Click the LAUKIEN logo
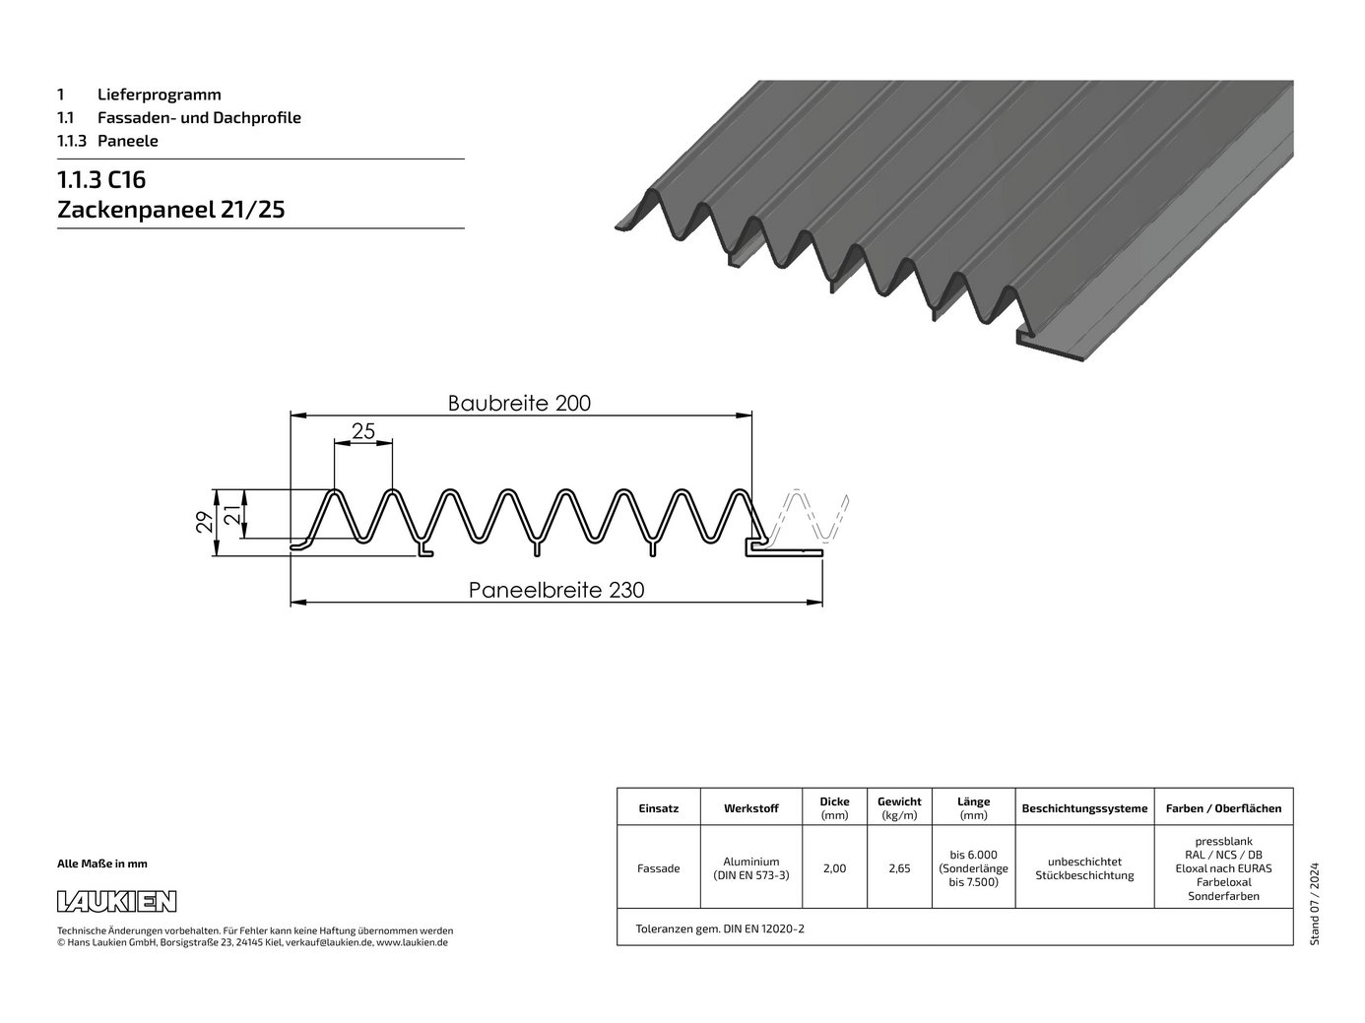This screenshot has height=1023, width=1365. (116, 901)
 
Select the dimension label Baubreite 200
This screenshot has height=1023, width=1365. (519, 403)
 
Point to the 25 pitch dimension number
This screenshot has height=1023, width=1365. (363, 430)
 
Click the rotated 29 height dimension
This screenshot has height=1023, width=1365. (205, 522)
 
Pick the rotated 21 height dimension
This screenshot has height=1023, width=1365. (231, 514)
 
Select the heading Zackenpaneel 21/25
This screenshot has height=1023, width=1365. (171, 210)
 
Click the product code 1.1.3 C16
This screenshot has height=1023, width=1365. (101, 179)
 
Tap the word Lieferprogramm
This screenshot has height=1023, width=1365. (160, 95)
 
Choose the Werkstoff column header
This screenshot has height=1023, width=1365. (750, 808)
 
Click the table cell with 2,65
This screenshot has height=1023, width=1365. (899, 868)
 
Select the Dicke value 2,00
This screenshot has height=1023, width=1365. (834, 868)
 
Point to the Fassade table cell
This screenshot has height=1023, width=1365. (658, 868)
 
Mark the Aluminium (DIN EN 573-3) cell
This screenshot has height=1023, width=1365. (750, 868)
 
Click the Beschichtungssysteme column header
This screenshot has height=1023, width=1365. (1084, 808)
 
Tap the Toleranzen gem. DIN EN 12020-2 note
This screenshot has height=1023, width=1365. (720, 928)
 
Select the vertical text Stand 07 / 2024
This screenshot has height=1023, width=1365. (1314, 904)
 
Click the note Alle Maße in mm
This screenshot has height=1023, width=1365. (102, 863)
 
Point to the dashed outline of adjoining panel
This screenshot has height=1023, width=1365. (807, 516)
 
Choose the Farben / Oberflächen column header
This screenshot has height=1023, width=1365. (1223, 808)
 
